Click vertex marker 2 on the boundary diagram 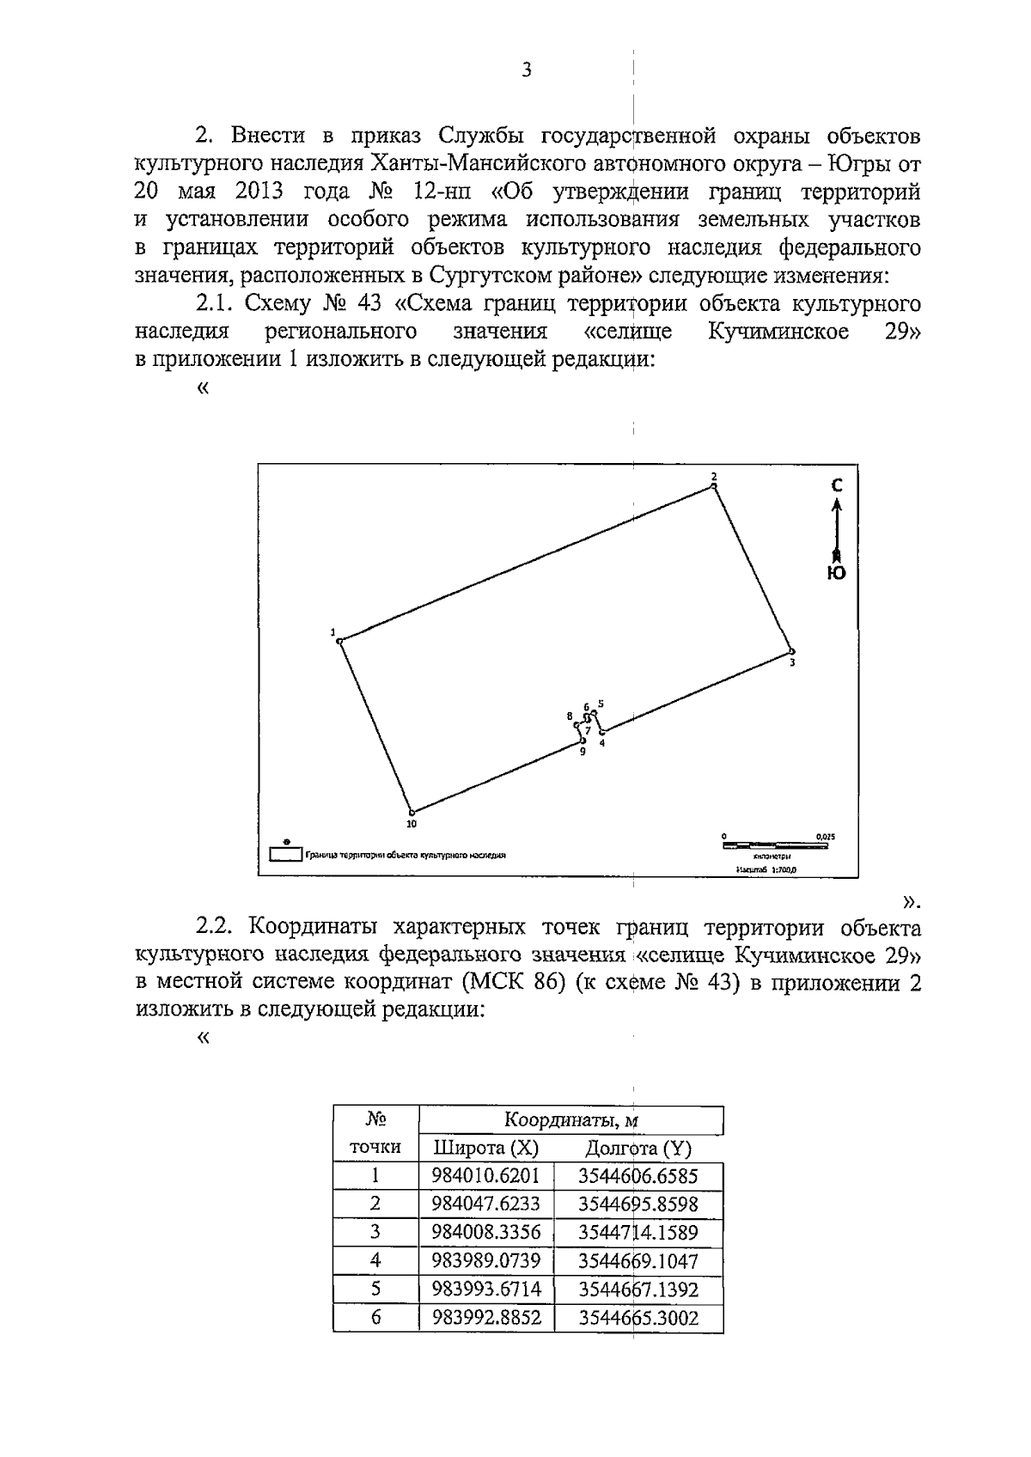tap(713, 486)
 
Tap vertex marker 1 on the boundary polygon tap(339, 641)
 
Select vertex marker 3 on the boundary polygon tap(792, 651)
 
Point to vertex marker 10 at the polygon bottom tap(412, 812)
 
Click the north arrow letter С tap(837, 486)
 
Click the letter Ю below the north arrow tap(836, 573)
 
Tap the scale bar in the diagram tap(776, 846)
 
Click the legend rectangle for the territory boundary tap(286, 855)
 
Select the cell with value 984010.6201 tap(486, 1175)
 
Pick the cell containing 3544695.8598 tap(638, 1204)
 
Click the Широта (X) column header tap(485, 1148)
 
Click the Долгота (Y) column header tap(638, 1148)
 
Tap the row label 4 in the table tap(375, 1260)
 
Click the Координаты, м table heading tap(570, 1120)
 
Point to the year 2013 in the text tap(254, 191)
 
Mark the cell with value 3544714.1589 tap(638, 1232)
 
